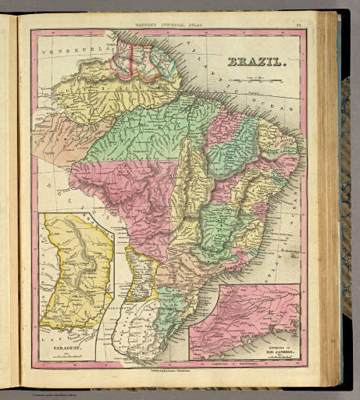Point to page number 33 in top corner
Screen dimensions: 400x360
pyautogui.click(x=298, y=24)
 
